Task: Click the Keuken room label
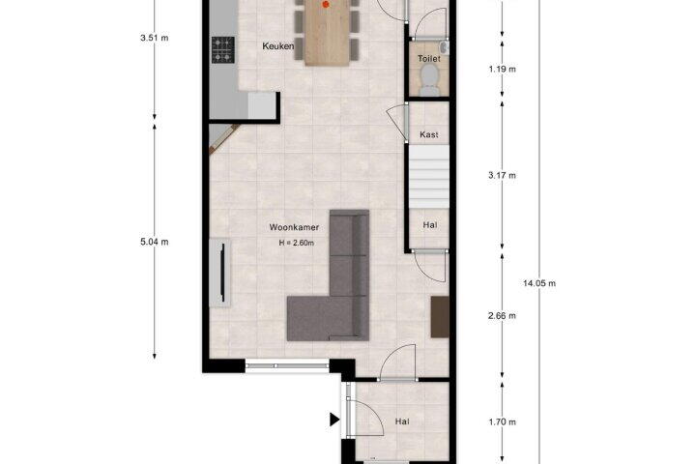pos(277,46)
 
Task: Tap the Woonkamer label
pos(294,227)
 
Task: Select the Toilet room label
pos(429,59)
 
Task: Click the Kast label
pos(429,134)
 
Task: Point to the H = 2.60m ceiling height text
pos(297,243)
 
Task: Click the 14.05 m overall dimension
pos(539,283)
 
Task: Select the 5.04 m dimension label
pos(155,242)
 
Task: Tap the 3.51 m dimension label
pos(155,39)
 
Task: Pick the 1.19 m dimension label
pos(503,70)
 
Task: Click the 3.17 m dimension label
pos(503,175)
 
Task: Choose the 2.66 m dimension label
pos(503,316)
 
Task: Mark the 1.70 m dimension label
pos(503,421)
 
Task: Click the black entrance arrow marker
pos(334,420)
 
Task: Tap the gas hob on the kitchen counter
pos(223,49)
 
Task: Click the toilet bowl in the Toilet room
pos(429,78)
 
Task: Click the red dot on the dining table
pos(326,5)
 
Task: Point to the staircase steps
pos(429,177)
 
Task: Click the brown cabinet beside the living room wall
pos(440,317)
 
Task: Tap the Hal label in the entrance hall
pos(402,421)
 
